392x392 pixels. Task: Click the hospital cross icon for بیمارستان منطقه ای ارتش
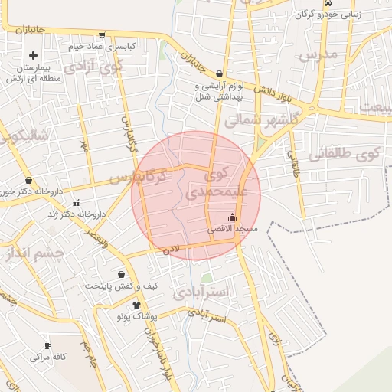(x=34, y=56)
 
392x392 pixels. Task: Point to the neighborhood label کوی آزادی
(x=94, y=66)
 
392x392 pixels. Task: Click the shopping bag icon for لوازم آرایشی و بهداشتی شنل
(x=220, y=74)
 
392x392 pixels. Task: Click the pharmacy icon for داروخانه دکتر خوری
(x=29, y=181)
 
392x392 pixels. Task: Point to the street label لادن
(x=170, y=249)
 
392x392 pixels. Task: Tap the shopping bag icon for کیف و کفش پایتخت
(x=121, y=274)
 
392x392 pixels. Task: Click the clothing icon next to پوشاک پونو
(x=138, y=304)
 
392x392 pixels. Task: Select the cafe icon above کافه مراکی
(x=49, y=345)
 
